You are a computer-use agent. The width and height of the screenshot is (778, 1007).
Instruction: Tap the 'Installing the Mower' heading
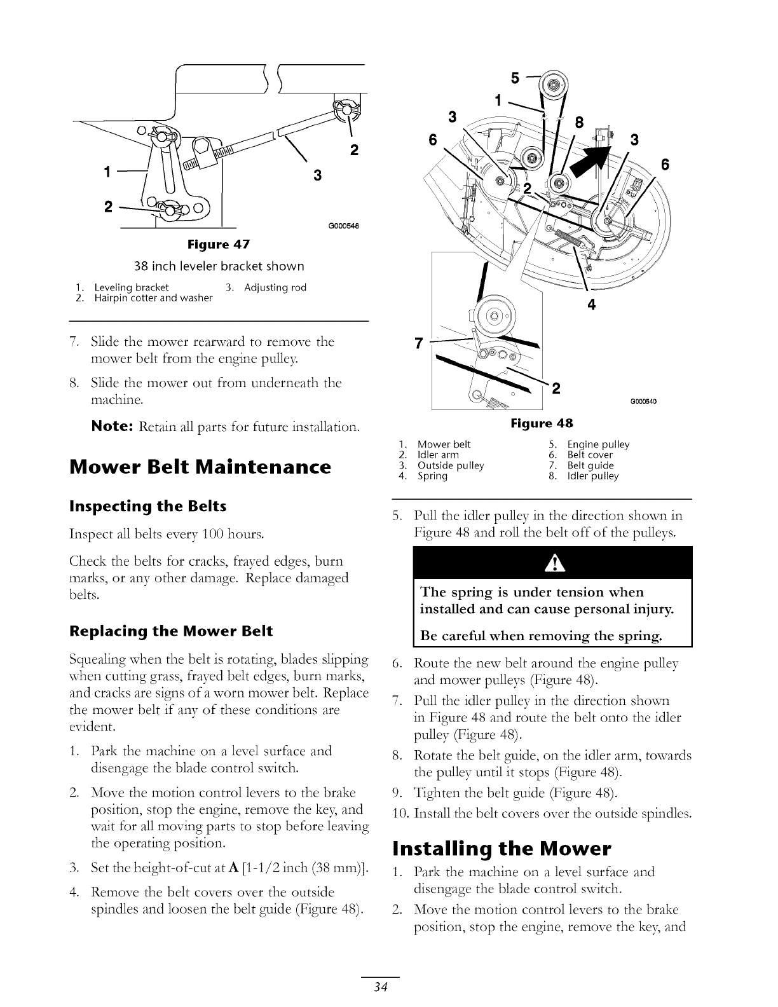coord(502,848)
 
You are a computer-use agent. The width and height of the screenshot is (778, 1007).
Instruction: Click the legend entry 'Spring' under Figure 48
coord(432,476)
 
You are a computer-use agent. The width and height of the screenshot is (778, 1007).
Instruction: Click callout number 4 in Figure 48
coord(591,305)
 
